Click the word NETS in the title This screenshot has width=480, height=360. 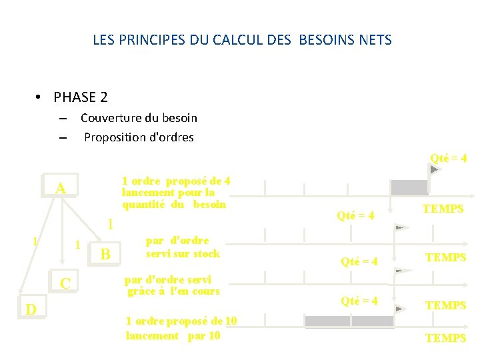375,40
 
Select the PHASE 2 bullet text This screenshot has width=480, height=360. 81,97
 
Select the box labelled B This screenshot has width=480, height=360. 105,254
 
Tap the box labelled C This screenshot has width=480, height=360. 65,283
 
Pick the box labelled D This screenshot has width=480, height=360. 31,309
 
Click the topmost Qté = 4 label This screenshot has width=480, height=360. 448,159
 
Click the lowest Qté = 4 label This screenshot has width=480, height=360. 359,301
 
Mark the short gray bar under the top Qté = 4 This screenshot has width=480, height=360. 409,187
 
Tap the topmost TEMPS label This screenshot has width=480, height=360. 443,209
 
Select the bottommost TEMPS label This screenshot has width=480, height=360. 445,338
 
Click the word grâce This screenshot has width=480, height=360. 145,291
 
